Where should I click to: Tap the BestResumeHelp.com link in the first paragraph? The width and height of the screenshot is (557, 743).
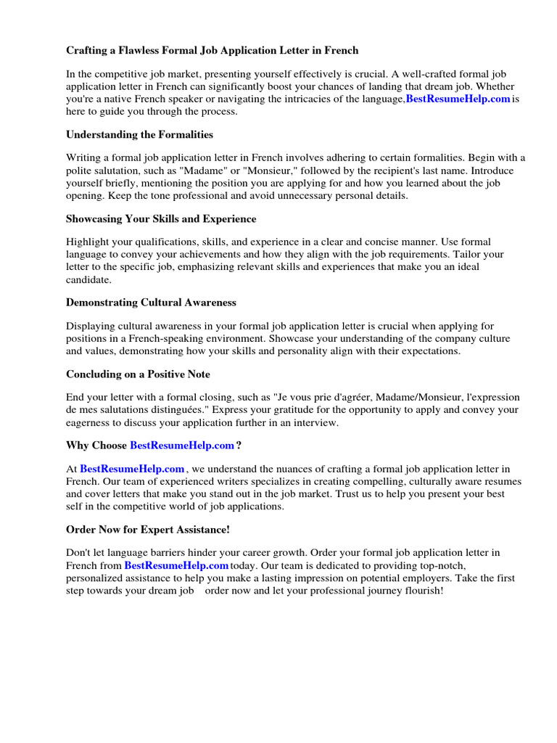tap(458, 99)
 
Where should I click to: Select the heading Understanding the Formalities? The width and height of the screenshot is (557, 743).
tap(139, 135)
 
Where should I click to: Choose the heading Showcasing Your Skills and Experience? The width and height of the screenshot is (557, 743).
tap(161, 219)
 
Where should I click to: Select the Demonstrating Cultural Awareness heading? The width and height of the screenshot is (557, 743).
tap(151, 303)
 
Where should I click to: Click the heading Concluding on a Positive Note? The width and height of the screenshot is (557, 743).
tap(138, 374)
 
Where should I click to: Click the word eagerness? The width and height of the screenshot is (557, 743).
tap(92, 422)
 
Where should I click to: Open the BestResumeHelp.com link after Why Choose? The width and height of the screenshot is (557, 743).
tap(181, 446)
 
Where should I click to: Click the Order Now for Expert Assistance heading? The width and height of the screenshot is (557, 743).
tap(148, 530)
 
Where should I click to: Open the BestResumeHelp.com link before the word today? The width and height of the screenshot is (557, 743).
tap(176, 565)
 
